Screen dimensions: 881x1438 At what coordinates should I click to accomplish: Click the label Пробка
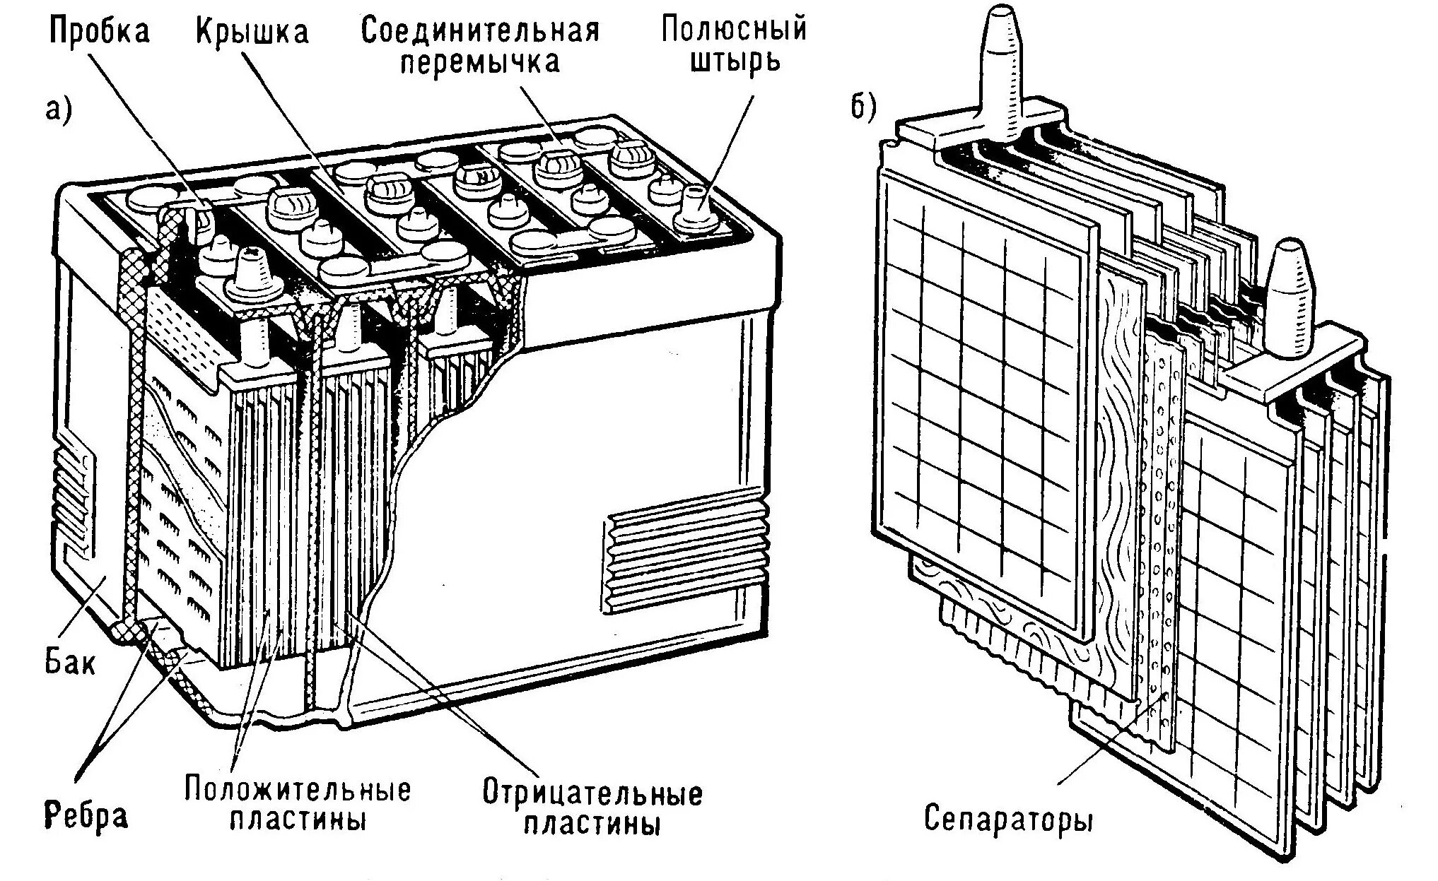coord(99,32)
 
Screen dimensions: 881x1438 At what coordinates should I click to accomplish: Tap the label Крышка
coord(252,32)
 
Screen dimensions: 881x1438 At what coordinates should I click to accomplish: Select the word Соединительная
coord(480,30)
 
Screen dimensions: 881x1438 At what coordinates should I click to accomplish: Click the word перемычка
coord(480,62)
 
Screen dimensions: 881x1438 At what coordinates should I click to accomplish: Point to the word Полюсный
coord(734,29)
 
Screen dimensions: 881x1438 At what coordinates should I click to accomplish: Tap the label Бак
coord(70,662)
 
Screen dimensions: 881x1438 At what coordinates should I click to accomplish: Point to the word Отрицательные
coord(592,793)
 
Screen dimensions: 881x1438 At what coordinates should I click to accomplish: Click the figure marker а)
coord(59,111)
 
